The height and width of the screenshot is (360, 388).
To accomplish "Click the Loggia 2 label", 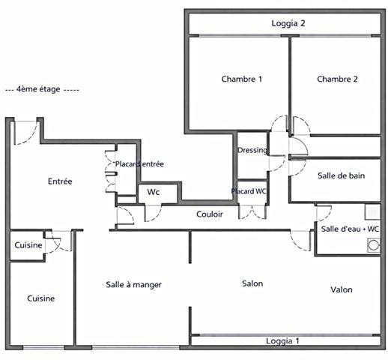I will click(x=288, y=23).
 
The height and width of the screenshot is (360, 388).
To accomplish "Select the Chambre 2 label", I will click(x=337, y=79).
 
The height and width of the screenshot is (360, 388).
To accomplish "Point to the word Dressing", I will click(x=252, y=150).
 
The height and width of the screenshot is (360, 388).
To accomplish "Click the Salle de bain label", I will click(x=341, y=175).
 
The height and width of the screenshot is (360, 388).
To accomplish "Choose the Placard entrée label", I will click(x=139, y=163).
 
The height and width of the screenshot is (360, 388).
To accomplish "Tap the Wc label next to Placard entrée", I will click(x=153, y=193).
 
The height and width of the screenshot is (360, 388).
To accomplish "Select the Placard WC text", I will click(x=249, y=191).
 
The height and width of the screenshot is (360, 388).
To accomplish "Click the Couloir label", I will click(x=210, y=214).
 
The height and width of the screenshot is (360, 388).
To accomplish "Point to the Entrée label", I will click(x=60, y=181).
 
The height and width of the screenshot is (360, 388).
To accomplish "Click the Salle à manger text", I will click(x=133, y=285).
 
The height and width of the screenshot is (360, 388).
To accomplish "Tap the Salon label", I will click(x=252, y=283).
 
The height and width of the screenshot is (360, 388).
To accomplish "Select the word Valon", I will click(x=341, y=289).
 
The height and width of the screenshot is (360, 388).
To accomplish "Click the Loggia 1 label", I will click(x=282, y=341).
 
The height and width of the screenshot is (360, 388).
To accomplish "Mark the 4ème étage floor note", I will click(x=42, y=88).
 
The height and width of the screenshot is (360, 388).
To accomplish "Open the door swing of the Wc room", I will click(x=152, y=211).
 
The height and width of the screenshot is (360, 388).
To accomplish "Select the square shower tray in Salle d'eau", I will click(x=372, y=211).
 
